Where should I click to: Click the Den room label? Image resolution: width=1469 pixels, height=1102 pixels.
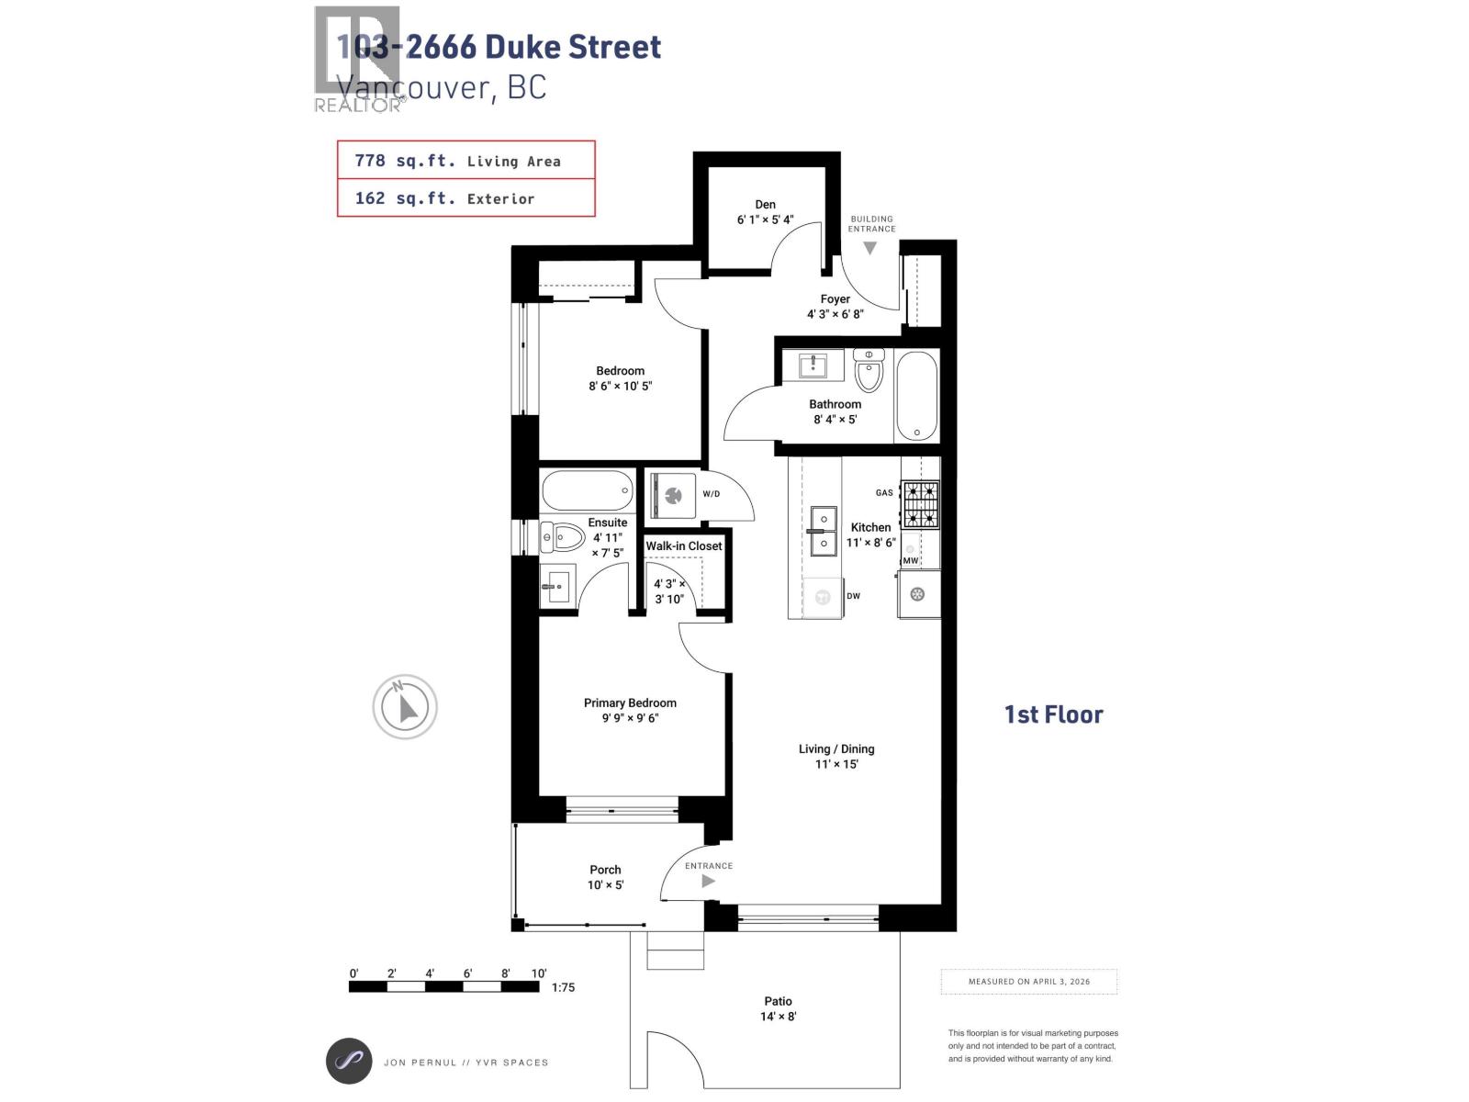click(765, 205)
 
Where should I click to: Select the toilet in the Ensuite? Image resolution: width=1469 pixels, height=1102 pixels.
click(563, 536)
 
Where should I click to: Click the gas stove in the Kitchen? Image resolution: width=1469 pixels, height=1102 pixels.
click(920, 504)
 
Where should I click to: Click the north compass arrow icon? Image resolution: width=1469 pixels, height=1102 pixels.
click(405, 706)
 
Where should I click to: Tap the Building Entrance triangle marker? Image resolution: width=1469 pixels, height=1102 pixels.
click(869, 248)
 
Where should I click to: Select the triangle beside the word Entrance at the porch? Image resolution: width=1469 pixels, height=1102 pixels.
click(708, 881)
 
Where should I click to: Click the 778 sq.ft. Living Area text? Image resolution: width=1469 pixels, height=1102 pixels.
click(457, 161)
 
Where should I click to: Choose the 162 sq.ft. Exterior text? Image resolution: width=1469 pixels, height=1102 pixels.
click(444, 198)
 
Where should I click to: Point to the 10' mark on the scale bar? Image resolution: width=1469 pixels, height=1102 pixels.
click(538, 973)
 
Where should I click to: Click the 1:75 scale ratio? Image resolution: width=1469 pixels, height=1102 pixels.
click(564, 988)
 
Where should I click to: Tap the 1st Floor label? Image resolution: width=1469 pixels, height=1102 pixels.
click(1053, 714)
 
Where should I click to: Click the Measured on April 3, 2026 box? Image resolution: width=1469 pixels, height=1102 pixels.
click(1029, 982)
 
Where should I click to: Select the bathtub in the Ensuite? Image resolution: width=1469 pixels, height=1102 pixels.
click(588, 490)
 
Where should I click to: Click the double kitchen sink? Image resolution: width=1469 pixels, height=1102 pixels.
click(823, 531)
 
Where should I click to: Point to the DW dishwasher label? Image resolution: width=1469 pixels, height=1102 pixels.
click(854, 596)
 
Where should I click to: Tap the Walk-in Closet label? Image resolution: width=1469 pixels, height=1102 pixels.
click(684, 545)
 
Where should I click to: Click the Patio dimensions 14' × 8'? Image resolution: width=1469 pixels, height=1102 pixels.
click(778, 1017)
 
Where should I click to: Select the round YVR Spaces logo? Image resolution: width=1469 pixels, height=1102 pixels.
click(349, 1062)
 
